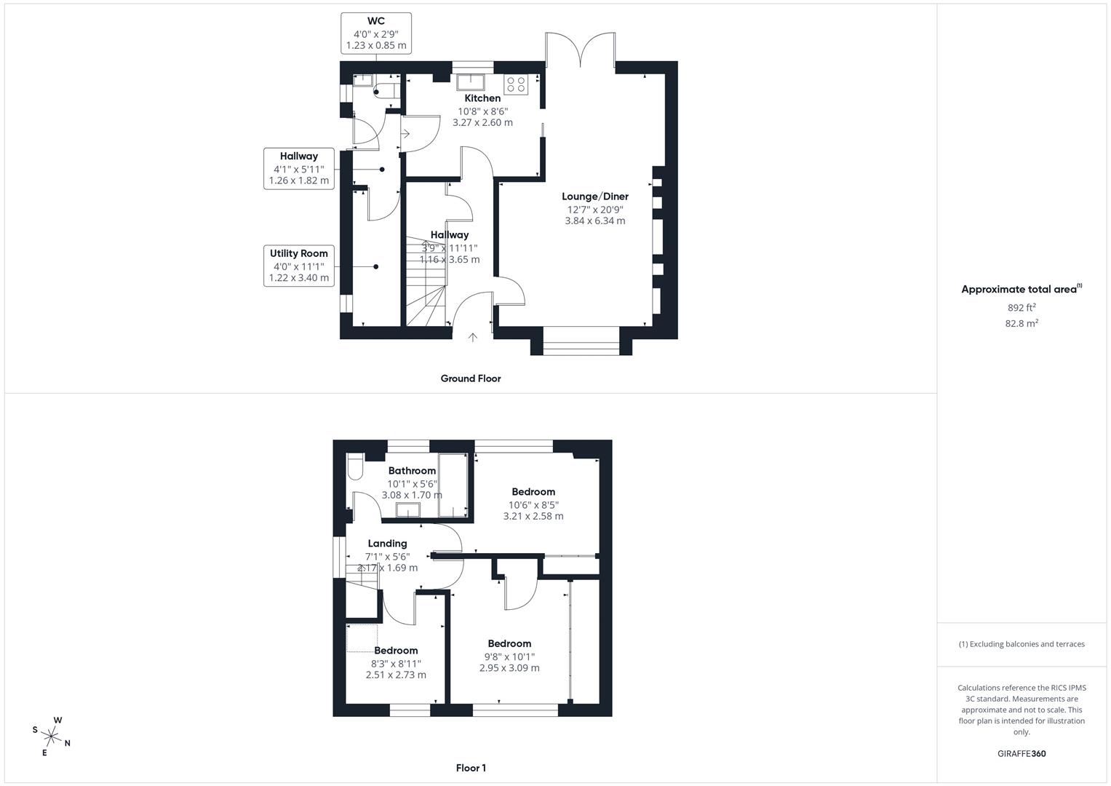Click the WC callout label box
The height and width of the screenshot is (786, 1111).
(375, 33)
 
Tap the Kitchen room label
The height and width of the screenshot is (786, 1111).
(482, 98)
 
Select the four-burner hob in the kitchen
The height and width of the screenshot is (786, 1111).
(516, 84)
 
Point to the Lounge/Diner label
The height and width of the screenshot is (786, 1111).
(594, 196)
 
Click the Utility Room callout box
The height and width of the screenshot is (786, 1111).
(298, 265)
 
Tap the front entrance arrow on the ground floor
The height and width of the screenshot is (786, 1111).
(472, 337)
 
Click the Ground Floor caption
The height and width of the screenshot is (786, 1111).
(470, 378)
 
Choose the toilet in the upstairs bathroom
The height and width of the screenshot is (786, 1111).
(354, 468)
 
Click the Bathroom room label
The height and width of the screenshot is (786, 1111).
(412, 471)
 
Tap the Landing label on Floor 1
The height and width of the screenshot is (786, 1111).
(387, 544)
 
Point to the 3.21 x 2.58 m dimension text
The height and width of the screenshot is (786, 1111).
(533, 517)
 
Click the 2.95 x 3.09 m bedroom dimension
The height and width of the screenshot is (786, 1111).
(509, 668)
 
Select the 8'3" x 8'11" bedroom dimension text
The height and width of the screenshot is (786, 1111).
(396, 663)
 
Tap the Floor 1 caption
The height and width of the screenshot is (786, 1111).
(470, 768)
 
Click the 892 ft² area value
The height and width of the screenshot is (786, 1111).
(1021, 308)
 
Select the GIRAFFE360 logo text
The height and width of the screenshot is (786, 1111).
(1021, 754)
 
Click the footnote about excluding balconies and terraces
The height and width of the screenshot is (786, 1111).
(1021, 644)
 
